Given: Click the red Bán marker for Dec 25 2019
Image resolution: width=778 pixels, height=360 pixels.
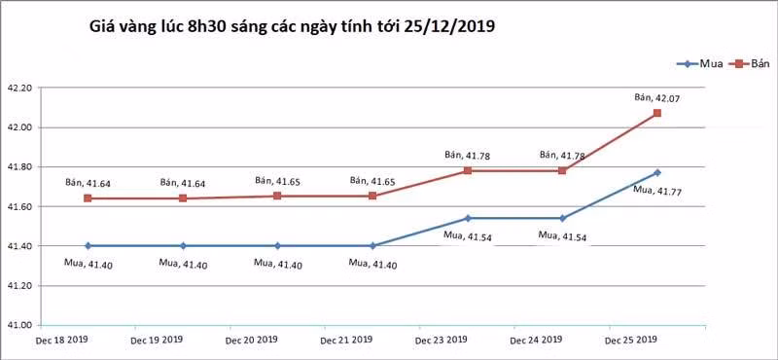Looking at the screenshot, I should point(657,113).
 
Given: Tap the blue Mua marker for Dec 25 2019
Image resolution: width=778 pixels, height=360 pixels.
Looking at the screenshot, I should point(657,172).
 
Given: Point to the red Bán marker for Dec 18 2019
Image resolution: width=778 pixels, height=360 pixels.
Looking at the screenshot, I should point(88,198).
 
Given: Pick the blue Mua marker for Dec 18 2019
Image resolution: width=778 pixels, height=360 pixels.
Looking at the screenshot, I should point(88,245).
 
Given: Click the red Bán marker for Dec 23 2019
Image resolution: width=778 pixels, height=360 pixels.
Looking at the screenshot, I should point(468,170).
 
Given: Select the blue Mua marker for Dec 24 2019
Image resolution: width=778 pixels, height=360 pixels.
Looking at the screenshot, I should point(562,218).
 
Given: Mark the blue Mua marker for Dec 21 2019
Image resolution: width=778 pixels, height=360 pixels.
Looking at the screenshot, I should point(372,245).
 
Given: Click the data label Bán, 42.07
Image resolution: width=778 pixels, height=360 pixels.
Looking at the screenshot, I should point(654,97).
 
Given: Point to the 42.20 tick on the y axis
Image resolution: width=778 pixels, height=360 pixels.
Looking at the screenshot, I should point(20,88).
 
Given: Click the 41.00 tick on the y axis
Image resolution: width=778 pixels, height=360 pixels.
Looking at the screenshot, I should point(20,325).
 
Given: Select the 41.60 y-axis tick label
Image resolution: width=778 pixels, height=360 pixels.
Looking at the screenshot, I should point(20,206).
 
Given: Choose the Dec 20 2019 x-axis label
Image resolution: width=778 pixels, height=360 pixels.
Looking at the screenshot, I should point(251,341).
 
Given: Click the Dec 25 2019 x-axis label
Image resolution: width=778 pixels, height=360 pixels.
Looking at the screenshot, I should point(631,341).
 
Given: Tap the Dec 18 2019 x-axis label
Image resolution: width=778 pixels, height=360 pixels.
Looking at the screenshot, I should point(61,341).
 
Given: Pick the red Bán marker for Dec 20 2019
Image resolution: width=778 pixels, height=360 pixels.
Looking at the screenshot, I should point(277,196).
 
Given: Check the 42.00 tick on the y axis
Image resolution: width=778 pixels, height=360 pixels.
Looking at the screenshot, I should point(20,127).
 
